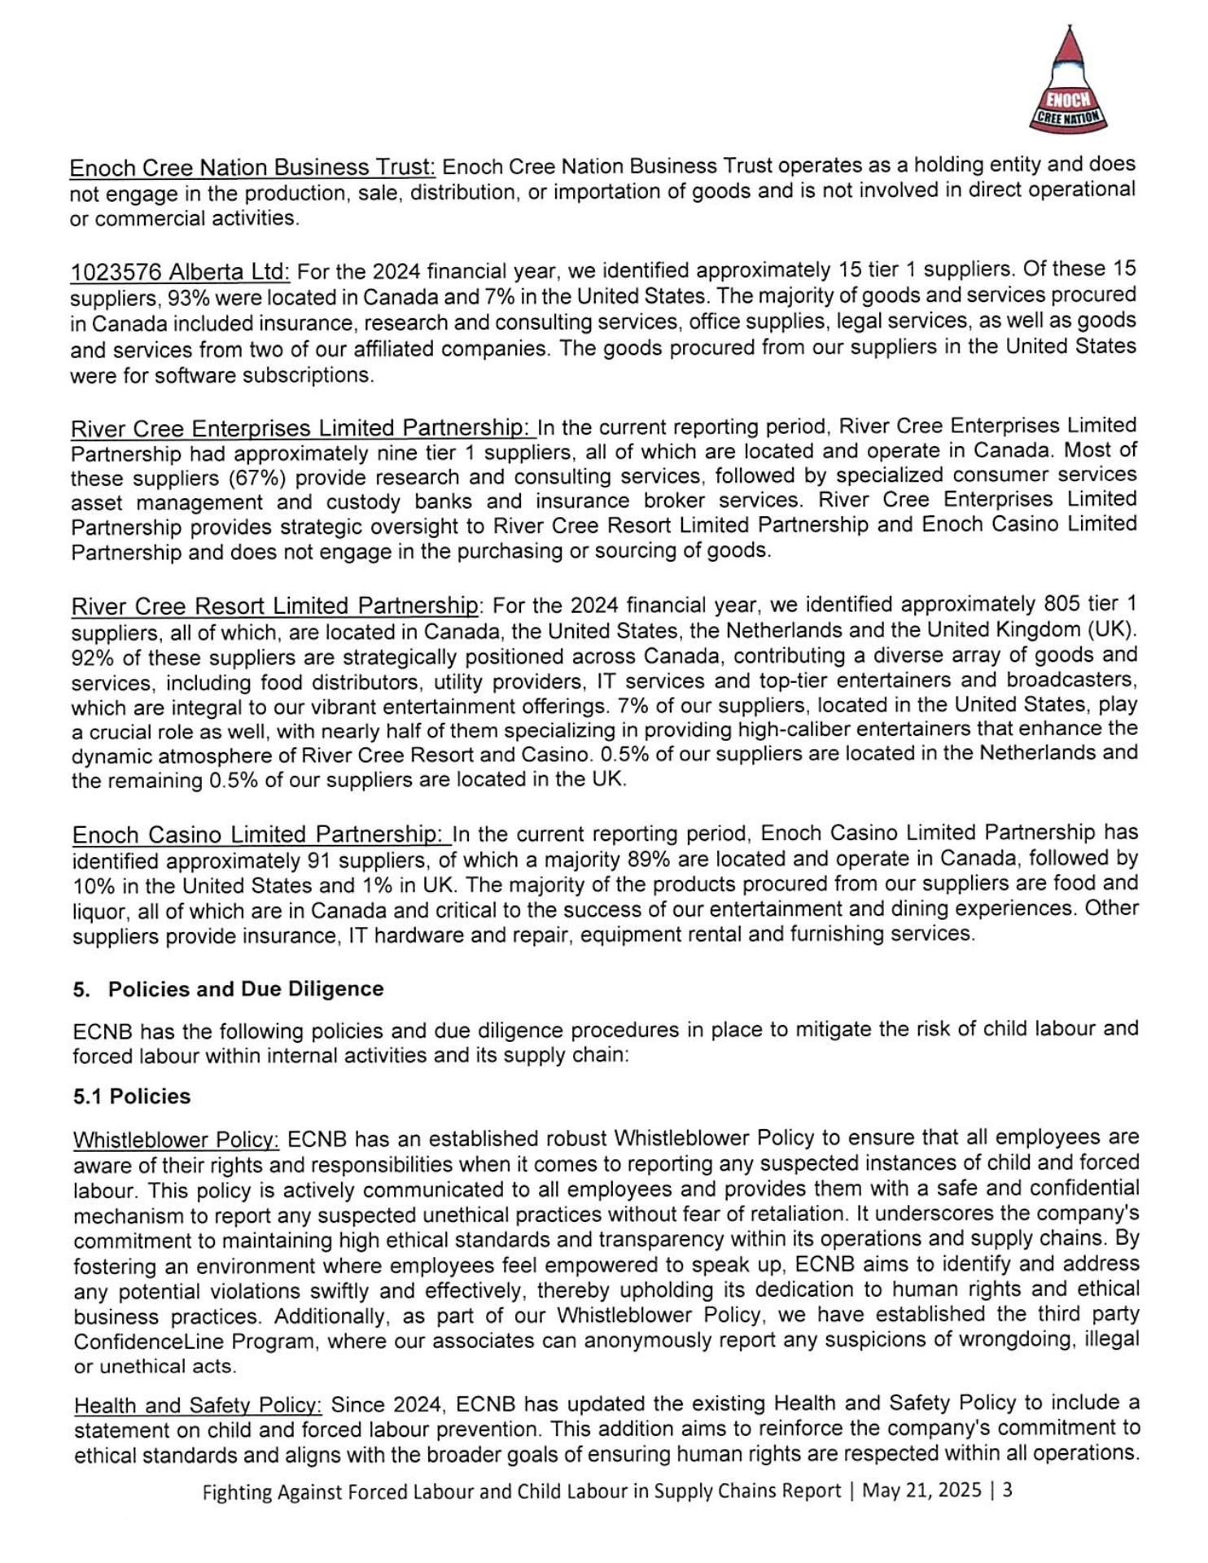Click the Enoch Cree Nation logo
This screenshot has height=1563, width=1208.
[1068, 80]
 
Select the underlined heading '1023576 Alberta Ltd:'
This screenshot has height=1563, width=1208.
[180, 272]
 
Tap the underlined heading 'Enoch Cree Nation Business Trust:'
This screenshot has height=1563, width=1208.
[252, 168]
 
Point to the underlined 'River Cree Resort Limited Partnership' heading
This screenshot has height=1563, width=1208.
[275, 606]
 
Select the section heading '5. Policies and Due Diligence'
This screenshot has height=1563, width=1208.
[229, 989]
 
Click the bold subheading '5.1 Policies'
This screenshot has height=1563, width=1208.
[132, 1097]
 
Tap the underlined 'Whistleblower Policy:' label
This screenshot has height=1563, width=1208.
[177, 1139]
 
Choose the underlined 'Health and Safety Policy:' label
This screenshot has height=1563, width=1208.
[198, 1406]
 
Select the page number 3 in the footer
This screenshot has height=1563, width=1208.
[1008, 1491]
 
